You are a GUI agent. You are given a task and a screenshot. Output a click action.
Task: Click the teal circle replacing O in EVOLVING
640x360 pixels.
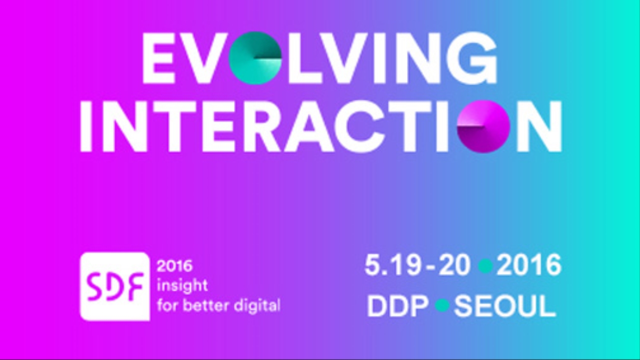tap(255, 58)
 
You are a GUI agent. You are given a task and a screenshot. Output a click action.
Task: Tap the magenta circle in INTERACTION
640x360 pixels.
tap(483, 126)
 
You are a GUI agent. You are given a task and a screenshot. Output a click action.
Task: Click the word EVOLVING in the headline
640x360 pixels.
tap(319, 58)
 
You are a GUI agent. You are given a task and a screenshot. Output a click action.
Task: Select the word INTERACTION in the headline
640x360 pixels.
tap(320, 126)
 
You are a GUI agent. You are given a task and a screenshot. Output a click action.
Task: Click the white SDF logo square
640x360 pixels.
tap(115, 286)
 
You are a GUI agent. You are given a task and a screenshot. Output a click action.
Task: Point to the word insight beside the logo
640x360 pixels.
tap(182, 285)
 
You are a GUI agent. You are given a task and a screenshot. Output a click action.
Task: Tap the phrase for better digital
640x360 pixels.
tap(218, 304)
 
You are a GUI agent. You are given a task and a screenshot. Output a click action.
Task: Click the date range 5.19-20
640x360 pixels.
tap(417, 265)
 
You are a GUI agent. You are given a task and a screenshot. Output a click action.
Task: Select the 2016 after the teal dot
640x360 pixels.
tap(528, 265)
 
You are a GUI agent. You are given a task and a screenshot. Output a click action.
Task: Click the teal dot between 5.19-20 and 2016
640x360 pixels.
tap(484, 266)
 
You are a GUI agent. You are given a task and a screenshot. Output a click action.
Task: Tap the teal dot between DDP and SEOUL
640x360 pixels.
tap(441, 305)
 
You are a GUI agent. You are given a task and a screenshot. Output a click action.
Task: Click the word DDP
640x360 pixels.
tap(397, 306)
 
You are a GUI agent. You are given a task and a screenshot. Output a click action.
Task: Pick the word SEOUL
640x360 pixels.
tap(504, 306)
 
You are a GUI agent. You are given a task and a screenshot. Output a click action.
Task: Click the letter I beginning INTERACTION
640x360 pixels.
tap(86, 126)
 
